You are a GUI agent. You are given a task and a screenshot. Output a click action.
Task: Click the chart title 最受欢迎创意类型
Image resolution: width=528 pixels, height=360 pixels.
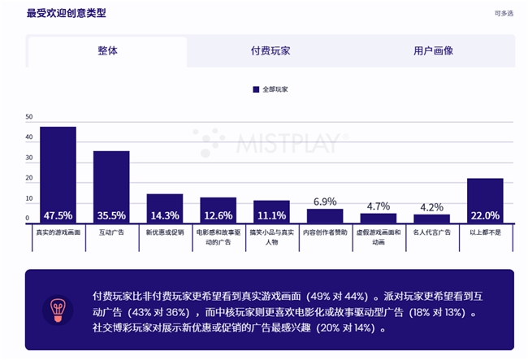(66, 13)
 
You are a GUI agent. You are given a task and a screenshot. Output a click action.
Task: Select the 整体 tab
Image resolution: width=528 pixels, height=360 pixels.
(107, 50)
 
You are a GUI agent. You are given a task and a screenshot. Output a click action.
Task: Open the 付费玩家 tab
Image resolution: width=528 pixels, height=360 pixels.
(270, 50)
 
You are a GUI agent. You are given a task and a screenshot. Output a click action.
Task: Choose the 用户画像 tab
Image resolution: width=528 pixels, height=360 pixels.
(433, 50)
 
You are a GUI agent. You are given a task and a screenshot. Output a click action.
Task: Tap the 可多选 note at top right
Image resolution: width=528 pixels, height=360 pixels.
(504, 13)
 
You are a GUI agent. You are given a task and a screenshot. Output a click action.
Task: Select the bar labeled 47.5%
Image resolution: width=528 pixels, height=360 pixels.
(58, 175)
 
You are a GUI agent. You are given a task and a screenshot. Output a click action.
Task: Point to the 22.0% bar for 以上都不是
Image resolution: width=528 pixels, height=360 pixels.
(485, 201)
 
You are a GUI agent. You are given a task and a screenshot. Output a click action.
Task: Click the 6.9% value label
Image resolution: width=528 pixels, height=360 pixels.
(324, 202)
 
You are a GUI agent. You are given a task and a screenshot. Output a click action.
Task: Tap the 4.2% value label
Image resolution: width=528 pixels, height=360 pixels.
(431, 207)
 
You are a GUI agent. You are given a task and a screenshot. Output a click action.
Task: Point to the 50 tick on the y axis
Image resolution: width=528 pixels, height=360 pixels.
(29, 117)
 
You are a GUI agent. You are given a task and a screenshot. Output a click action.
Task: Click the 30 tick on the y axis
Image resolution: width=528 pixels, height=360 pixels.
(29, 158)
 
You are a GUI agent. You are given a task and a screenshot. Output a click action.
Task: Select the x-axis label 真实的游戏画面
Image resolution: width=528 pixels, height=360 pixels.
(58, 232)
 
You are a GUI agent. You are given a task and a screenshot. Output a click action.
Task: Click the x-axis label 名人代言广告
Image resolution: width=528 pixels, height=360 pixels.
(431, 232)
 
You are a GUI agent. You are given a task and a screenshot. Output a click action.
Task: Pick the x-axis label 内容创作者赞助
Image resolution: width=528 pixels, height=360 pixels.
(324, 232)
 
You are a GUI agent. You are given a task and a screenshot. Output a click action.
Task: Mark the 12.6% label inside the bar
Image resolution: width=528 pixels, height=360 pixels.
(218, 216)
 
